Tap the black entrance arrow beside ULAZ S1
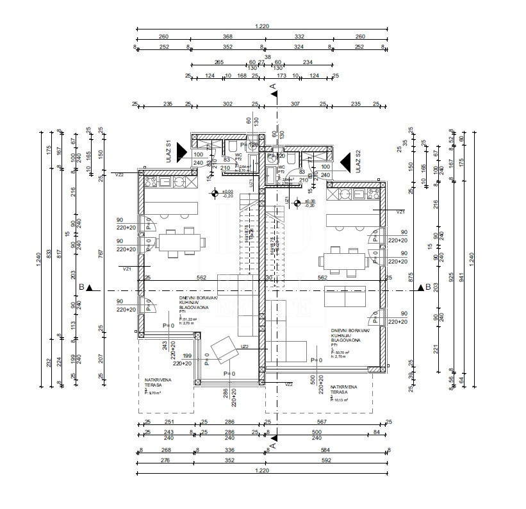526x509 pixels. [182, 151]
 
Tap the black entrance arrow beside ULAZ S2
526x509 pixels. [345, 161]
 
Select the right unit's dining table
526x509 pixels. [344, 260]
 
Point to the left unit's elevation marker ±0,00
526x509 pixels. [227, 192]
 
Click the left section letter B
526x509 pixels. [81, 288]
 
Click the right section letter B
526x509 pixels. [428, 288]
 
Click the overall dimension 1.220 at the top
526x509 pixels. [261, 26]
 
